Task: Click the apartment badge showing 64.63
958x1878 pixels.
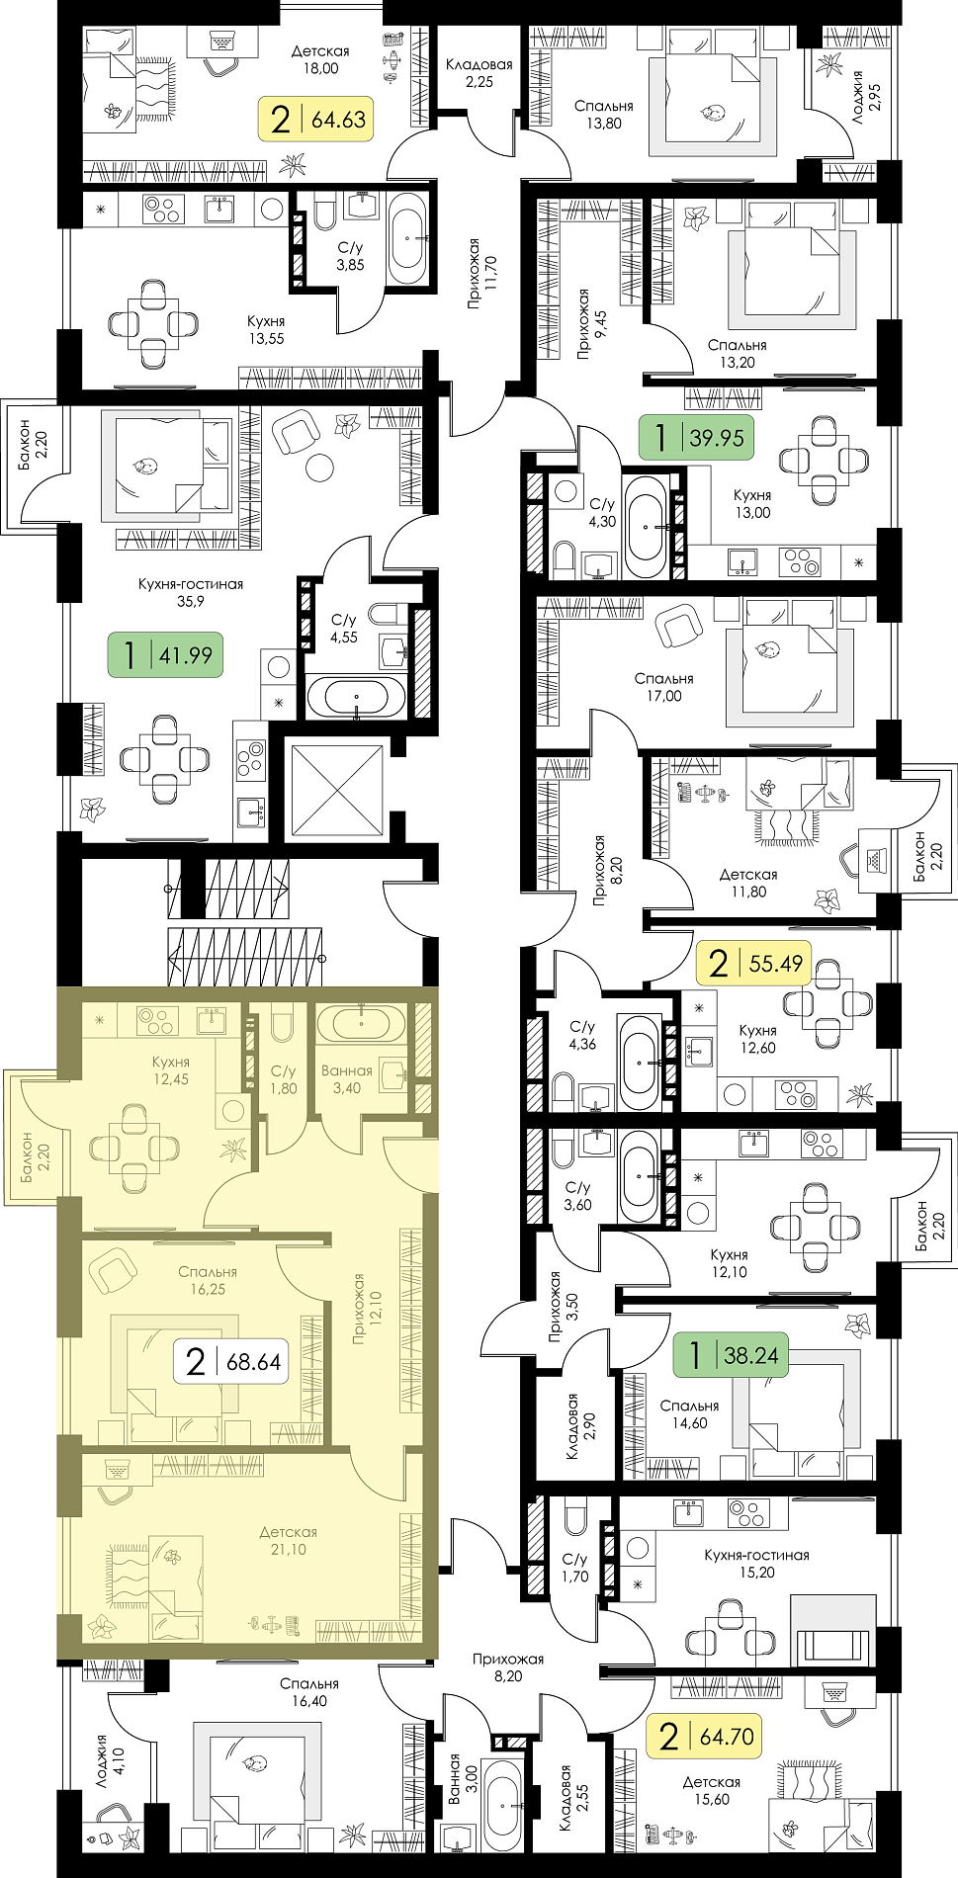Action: point(316,120)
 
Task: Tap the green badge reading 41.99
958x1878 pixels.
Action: point(165,654)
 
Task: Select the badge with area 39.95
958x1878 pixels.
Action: point(697,437)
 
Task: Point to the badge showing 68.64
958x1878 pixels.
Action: point(232,1361)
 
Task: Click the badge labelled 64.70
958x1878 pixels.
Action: point(705,1736)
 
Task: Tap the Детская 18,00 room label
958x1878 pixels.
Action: point(320,60)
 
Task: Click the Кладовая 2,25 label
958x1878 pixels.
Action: point(479,73)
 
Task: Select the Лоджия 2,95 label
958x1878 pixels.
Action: point(866,96)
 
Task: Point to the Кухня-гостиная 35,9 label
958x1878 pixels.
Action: point(191,592)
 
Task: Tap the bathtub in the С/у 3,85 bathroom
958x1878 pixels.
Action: point(408,238)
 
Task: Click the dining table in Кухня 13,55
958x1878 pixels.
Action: point(152,324)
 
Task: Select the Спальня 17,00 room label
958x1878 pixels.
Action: point(663,687)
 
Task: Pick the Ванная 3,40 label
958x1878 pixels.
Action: point(347,1079)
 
